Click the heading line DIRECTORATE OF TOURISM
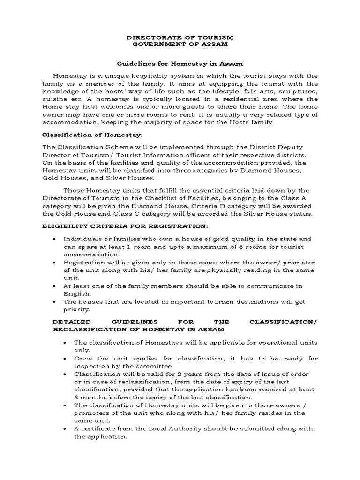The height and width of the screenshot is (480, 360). point(180,37)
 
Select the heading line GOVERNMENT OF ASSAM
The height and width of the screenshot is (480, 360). point(180,44)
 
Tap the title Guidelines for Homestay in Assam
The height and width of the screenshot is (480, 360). point(180,63)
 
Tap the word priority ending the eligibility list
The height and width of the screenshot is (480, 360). point(76,310)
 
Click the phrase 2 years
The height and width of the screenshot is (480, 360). point(191,374)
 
